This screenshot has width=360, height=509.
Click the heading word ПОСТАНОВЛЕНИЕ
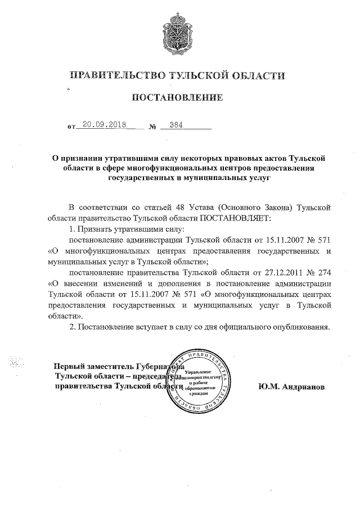coord(177,98)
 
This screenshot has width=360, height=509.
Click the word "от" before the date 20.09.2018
coord(71,127)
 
